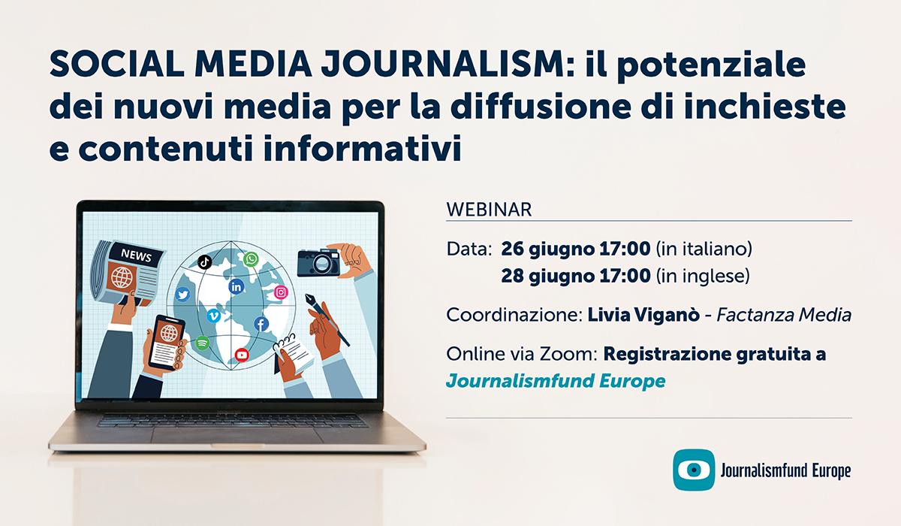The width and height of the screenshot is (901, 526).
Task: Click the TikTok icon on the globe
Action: pyautogui.click(x=203, y=261)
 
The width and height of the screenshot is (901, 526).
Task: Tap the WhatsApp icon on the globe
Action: pyautogui.click(x=250, y=260)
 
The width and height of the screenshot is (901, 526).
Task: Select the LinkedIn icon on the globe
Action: pyautogui.click(x=237, y=286)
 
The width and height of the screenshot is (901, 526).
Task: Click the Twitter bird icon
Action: pyautogui.click(x=182, y=295)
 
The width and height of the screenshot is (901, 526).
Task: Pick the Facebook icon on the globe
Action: pyautogui.click(x=261, y=325)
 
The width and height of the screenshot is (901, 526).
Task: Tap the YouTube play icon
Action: pyautogui.click(x=242, y=354)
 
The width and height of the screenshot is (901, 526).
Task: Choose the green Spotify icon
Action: pyautogui.click(x=201, y=343)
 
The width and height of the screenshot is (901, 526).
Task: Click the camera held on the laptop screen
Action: pyautogui.click(x=319, y=262)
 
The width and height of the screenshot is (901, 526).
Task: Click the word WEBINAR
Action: pyautogui.click(x=489, y=209)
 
